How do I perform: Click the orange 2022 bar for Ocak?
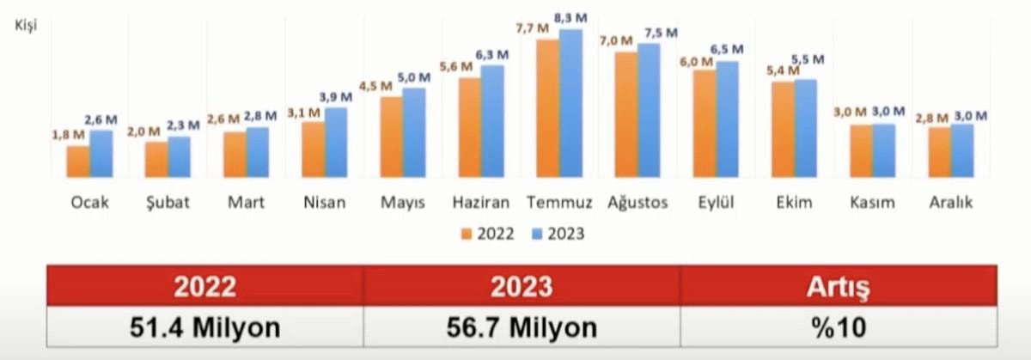pyautogui.click(x=78, y=162)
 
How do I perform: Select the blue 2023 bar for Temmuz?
pyautogui.click(x=570, y=103)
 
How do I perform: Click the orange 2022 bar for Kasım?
pyautogui.click(x=861, y=151)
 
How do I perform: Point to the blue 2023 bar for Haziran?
pyautogui.click(x=492, y=121)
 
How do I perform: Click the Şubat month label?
pyautogui.click(x=168, y=204)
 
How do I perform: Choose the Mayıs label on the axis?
pyautogui.click(x=403, y=204)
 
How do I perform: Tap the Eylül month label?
pyautogui.click(x=716, y=204)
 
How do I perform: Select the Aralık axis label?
pyautogui.click(x=951, y=204)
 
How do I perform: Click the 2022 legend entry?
pyautogui.click(x=487, y=233)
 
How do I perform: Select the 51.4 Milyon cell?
pyautogui.click(x=205, y=327)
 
